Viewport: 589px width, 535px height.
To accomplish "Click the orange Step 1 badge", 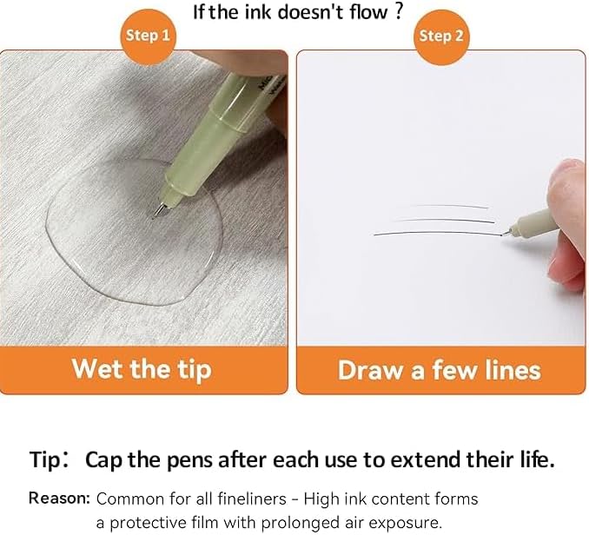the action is click(x=148, y=36).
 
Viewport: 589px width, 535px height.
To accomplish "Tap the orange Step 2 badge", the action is click(x=441, y=36).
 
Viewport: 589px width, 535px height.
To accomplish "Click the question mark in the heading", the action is click(x=399, y=11).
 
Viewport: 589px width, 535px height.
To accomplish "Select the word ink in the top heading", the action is click(x=258, y=11).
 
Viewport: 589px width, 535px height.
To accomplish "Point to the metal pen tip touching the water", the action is click(x=160, y=211).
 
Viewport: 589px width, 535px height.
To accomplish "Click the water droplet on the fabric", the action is click(x=134, y=233).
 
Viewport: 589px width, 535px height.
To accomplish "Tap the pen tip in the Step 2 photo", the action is click(x=506, y=233).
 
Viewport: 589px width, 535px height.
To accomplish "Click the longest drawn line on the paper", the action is click(x=438, y=233).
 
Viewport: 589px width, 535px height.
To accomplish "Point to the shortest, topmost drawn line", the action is click(x=449, y=206).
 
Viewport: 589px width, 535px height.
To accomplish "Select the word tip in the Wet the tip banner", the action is click(x=195, y=371).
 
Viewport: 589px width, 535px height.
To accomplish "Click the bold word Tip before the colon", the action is click(x=44, y=459).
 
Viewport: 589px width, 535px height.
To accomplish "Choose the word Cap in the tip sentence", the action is click(x=103, y=460).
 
